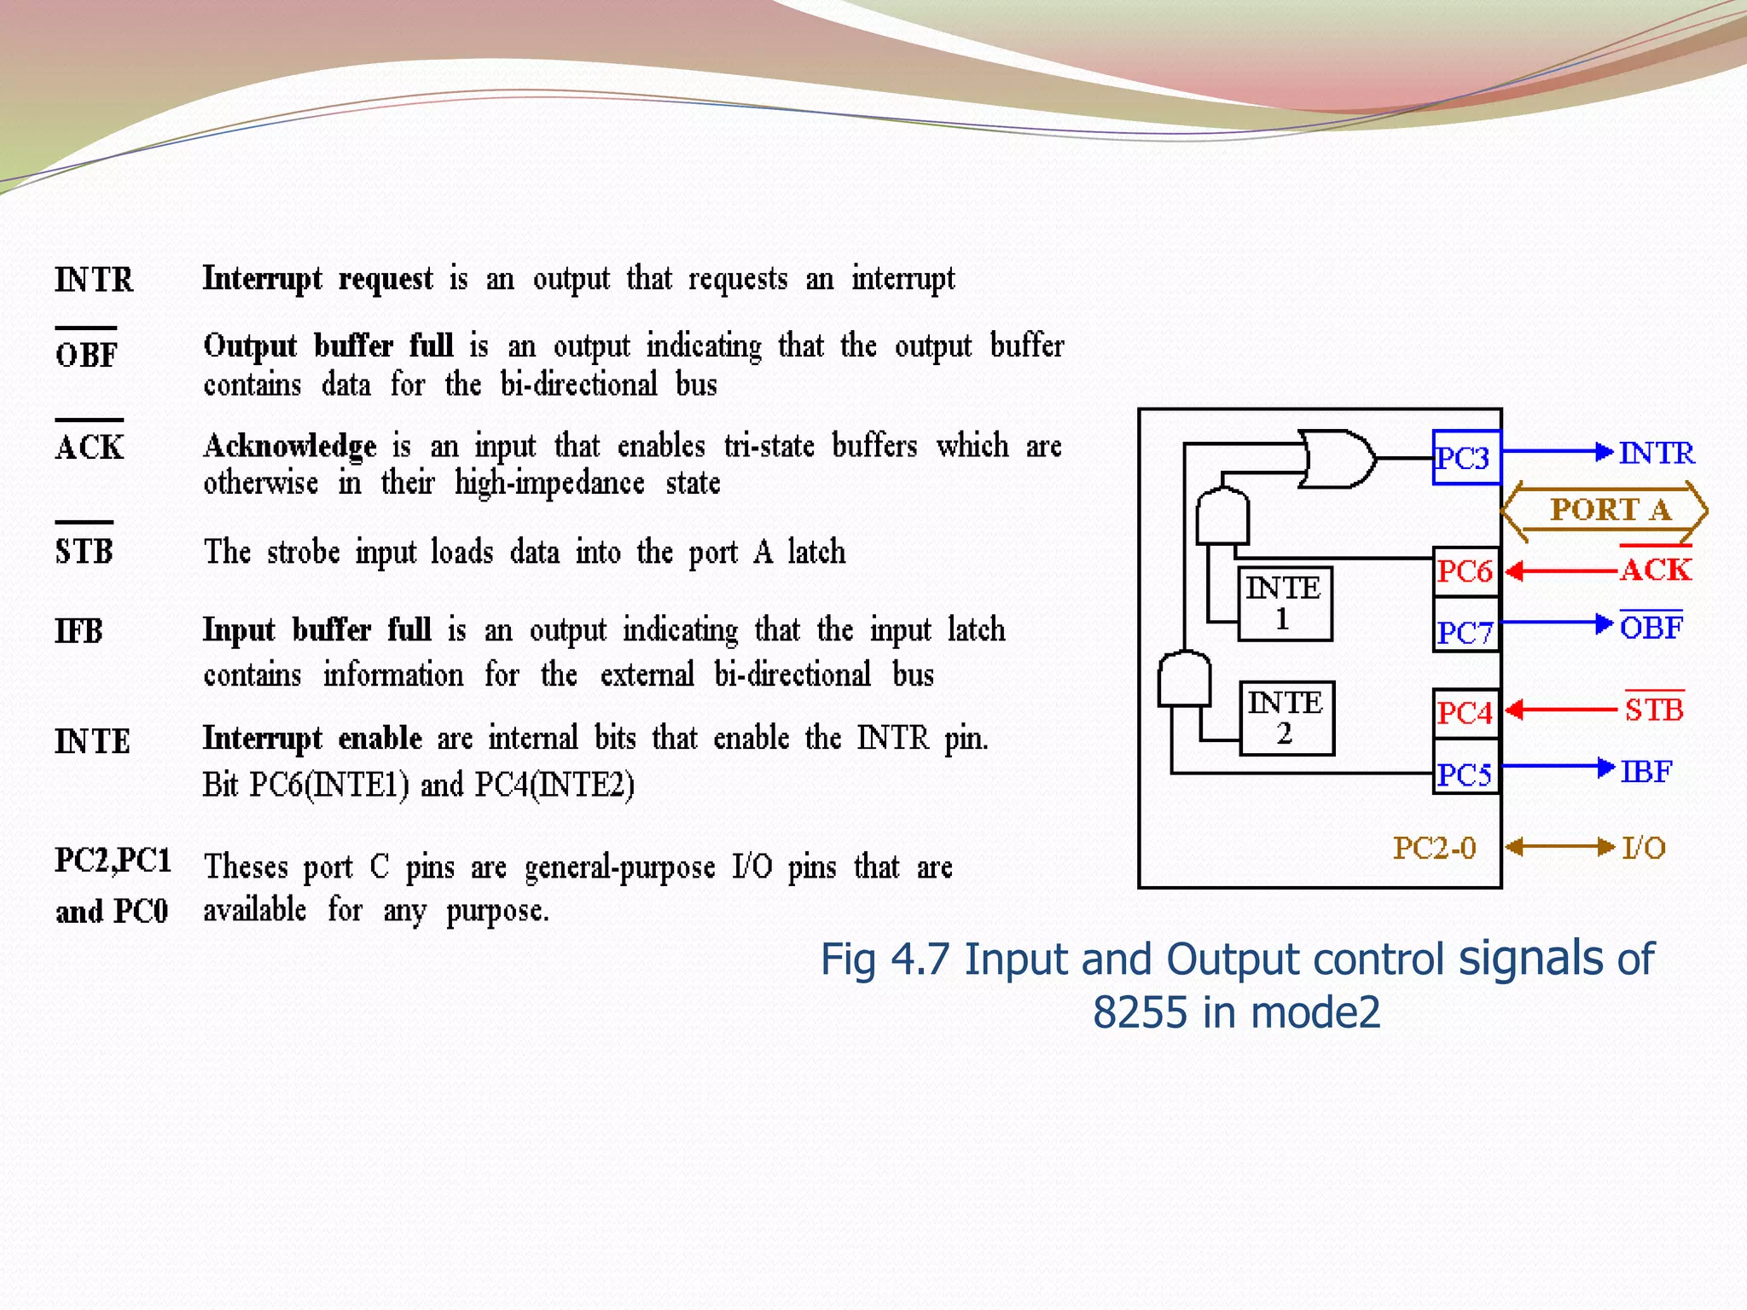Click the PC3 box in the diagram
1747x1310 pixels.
[x=1466, y=458]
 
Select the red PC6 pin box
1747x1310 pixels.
[x=1466, y=571]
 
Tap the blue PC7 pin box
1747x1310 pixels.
[x=1466, y=632]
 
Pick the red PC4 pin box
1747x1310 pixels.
[x=1466, y=712]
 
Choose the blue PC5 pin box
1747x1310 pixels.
[x=1466, y=774]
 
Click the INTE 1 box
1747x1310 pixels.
[x=1285, y=603]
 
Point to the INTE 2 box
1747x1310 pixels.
[x=1286, y=717]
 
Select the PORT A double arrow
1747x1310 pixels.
[x=1605, y=511]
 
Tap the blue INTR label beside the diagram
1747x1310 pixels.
[x=1657, y=453]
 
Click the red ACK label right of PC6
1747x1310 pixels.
[x=1656, y=569]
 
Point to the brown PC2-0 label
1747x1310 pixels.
[x=1434, y=848]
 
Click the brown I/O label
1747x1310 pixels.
[x=1644, y=848]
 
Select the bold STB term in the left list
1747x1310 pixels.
[x=84, y=551]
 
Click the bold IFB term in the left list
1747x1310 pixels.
[x=79, y=631]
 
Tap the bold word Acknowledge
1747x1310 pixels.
[x=290, y=445]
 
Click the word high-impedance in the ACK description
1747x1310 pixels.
[x=549, y=484]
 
